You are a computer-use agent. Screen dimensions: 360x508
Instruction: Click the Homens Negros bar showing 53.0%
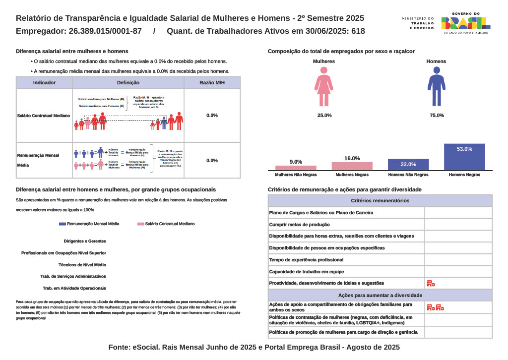[464, 157]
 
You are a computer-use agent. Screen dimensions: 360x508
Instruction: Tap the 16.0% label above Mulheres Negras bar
[352, 158]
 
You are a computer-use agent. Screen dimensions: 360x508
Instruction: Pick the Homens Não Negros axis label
[408, 175]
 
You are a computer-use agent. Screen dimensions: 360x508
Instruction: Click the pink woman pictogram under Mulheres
[324, 87]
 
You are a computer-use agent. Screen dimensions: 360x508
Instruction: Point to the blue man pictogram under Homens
[437, 87]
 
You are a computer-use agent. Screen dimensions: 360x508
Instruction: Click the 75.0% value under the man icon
[437, 116]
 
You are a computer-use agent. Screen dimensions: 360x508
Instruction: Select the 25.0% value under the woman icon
[324, 116]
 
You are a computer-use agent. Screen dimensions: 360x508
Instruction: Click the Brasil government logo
[465, 23]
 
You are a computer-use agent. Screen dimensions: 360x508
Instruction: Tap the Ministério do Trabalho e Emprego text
[418, 23]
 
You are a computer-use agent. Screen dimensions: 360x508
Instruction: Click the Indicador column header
[44, 83]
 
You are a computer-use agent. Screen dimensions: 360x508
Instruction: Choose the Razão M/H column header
[212, 83]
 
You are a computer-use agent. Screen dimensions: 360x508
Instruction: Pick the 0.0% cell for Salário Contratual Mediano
[212, 116]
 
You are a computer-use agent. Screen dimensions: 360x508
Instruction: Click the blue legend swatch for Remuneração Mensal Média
[62, 224]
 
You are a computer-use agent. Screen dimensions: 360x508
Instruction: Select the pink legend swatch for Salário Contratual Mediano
[140, 224]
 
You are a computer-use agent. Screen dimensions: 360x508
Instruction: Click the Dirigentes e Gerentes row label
[85, 241]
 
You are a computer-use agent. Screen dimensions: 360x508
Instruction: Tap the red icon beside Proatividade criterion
[431, 284]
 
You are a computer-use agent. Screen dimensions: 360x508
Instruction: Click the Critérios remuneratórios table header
[380, 201]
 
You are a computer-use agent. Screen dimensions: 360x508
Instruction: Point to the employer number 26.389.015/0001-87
[107, 31]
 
